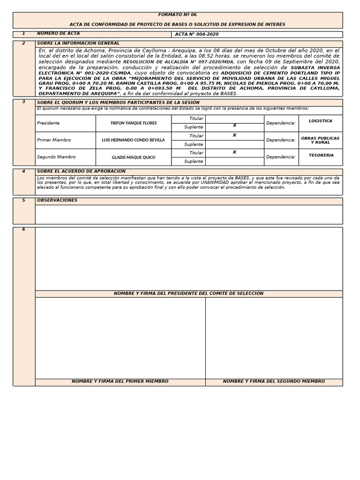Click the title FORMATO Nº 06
[177, 15]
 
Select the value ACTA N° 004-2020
[196, 34]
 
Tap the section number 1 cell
[23, 34]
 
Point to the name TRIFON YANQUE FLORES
[134, 123]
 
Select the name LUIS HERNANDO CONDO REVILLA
[134, 140]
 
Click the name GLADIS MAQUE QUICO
[134, 157]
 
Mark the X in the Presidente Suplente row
[234, 126]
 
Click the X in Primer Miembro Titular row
[234, 135]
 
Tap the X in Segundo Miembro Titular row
[234, 152]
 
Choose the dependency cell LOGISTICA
[321, 121]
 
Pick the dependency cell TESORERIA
[321, 155]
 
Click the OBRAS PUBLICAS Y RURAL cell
[321, 140]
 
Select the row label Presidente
[48, 123]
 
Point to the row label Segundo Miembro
[56, 157]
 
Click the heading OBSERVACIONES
[57, 201]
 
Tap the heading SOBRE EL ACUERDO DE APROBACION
[81, 172]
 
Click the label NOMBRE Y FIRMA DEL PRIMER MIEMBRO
[120, 382]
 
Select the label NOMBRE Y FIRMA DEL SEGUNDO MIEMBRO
[274, 382]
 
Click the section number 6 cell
[23, 230]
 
